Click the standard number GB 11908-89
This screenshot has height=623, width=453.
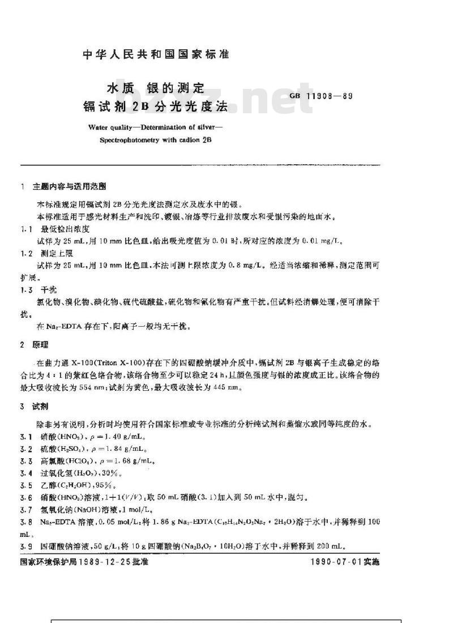pyautogui.click(x=321, y=96)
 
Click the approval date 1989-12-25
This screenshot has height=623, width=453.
pyautogui.click(x=110, y=562)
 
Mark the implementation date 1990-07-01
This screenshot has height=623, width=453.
pyautogui.click(x=338, y=562)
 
